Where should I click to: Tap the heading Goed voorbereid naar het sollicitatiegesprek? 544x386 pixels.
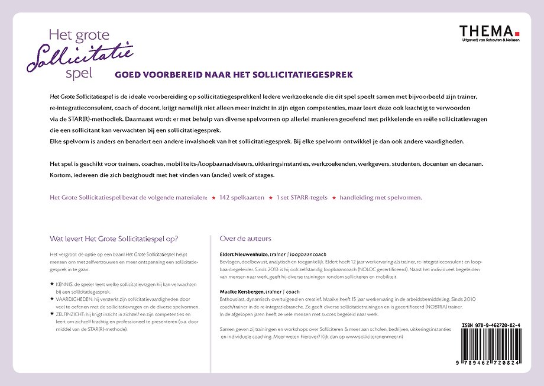(233, 75)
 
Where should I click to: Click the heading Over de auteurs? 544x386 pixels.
(245, 239)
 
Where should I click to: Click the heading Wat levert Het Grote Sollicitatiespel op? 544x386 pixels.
(114, 239)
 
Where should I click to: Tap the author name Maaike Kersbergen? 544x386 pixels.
(241, 291)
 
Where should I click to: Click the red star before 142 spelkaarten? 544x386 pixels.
(213, 198)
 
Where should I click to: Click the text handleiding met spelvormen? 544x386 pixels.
(380, 198)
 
